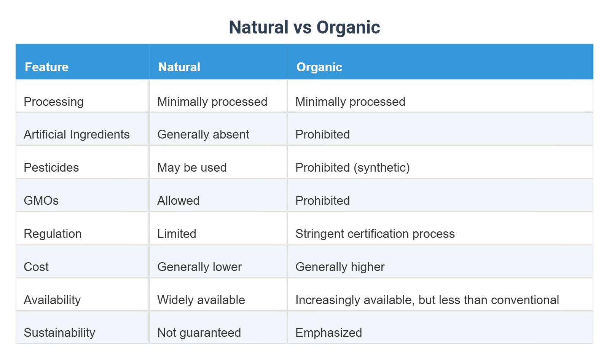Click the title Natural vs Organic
(x=304, y=27)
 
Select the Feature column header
(x=46, y=67)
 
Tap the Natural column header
(x=179, y=67)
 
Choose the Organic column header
(x=319, y=67)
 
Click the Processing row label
(x=54, y=102)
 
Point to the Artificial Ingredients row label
(x=77, y=134)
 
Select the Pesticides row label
(x=51, y=167)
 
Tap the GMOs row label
(x=41, y=201)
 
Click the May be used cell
(x=192, y=167)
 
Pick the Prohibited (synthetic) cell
(x=352, y=167)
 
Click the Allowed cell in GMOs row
(x=178, y=201)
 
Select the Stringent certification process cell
(x=375, y=234)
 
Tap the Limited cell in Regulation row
(x=177, y=234)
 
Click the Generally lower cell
(x=199, y=267)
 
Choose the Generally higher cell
(x=340, y=267)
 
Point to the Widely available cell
(x=201, y=300)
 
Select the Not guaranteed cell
(x=199, y=333)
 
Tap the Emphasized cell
(x=328, y=333)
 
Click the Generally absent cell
(x=203, y=134)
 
